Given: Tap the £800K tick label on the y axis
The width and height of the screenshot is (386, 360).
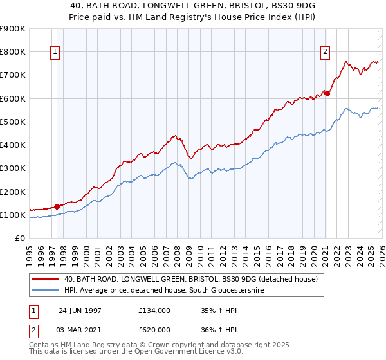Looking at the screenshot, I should (x=13, y=52).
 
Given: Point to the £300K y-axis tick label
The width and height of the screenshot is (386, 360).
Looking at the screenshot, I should (x=13, y=168).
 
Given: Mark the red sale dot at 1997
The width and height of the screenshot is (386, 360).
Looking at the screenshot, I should (x=57, y=207).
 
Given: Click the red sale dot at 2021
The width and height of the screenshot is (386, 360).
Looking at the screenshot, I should (x=327, y=94).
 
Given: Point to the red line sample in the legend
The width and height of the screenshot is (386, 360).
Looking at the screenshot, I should (x=46, y=280).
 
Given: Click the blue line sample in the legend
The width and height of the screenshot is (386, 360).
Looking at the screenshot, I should (x=46, y=291).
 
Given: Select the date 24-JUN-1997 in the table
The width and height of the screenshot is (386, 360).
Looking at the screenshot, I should (x=80, y=310).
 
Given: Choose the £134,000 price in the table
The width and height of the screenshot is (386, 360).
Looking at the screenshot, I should (x=154, y=310).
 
